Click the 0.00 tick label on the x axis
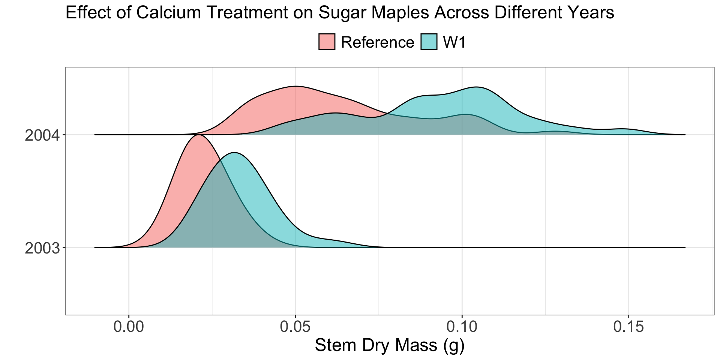tap(129, 327)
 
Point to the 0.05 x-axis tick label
tap(295, 327)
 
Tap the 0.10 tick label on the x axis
tap(462, 327)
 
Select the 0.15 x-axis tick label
tap(628, 327)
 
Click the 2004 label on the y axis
tap(42, 135)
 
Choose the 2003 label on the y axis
tap(42, 248)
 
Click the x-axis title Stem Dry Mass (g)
tap(390, 345)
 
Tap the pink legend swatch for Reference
tap(327, 42)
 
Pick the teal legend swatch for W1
tap(429, 42)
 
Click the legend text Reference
tap(378, 42)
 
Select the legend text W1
tap(454, 42)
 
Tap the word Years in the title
tap(591, 13)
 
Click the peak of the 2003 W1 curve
tap(234, 153)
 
